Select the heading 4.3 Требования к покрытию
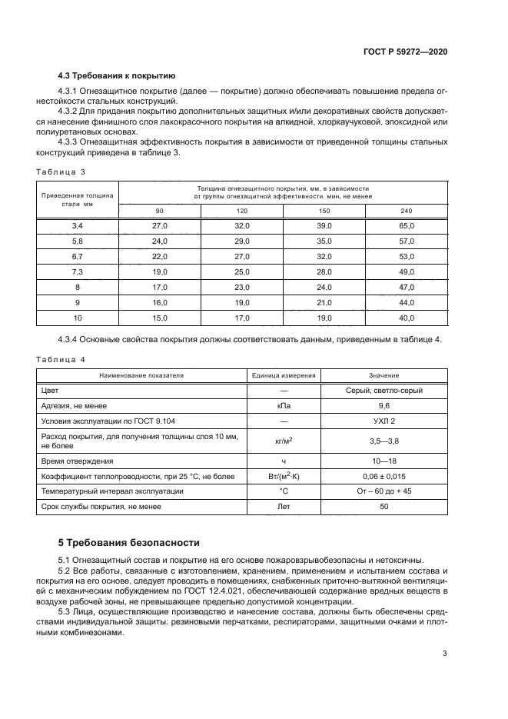(x=117, y=76)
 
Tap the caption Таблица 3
(x=61, y=171)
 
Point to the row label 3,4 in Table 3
(x=77, y=225)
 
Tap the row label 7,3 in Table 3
(x=77, y=271)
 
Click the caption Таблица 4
(x=61, y=359)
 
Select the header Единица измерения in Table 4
(x=284, y=375)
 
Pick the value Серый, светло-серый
(x=383, y=391)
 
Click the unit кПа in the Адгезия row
(x=284, y=405)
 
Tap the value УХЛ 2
(x=383, y=421)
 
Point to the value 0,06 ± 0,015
(x=383, y=477)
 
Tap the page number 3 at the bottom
(x=444, y=654)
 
